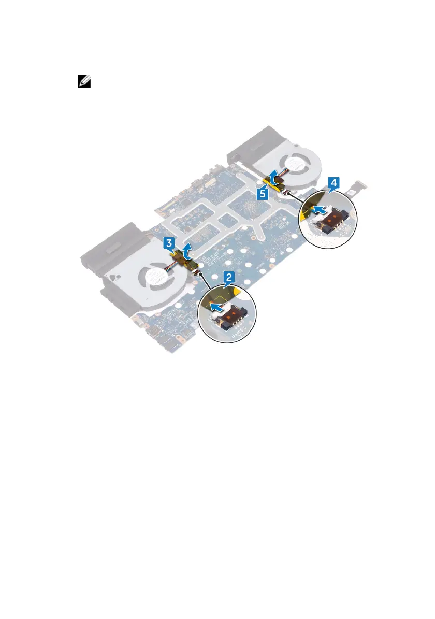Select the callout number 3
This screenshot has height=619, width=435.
(169, 242)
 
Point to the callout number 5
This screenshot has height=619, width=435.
(263, 193)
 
